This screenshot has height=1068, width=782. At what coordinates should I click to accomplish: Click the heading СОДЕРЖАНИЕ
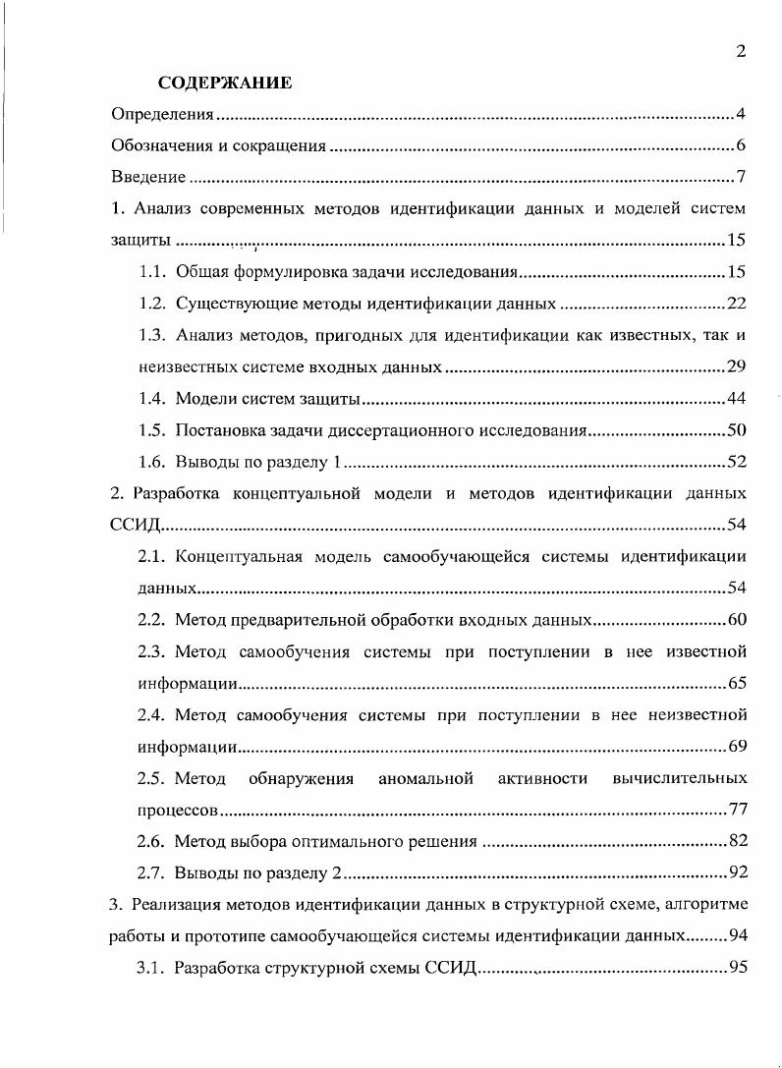pyautogui.click(x=225, y=83)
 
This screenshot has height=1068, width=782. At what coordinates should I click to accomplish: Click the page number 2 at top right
pyautogui.click(x=740, y=52)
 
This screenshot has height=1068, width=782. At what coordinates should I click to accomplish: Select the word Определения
pyautogui.click(x=161, y=115)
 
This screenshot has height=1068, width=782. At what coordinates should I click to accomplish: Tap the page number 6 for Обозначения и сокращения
pyautogui.click(x=741, y=146)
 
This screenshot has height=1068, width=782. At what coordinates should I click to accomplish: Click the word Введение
pyautogui.click(x=148, y=178)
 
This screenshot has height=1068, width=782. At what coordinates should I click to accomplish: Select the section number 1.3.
pyautogui.click(x=151, y=335)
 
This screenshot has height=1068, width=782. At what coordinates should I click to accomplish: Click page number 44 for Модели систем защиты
pyautogui.click(x=737, y=398)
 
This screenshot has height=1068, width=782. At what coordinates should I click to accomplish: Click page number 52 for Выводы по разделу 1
pyautogui.click(x=737, y=462)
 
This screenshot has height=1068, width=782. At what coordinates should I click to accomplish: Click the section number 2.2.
pyautogui.click(x=151, y=619)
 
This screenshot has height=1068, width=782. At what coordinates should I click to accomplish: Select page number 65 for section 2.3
pyautogui.click(x=737, y=682)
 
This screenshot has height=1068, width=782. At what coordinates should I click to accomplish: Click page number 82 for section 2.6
pyautogui.click(x=737, y=840)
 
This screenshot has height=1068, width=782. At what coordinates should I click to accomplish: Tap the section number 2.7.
pyautogui.click(x=151, y=872)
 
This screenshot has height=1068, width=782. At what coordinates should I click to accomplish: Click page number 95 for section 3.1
pyautogui.click(x=737, y=968)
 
